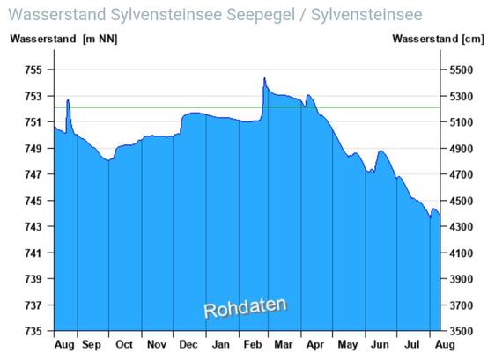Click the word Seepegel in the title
point(261,15)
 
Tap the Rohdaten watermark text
point(245,307)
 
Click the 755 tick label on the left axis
point(33,70)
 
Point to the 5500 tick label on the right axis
point(462,70)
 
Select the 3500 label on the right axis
point(462,331)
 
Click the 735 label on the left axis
point(33,331)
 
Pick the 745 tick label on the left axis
point(33,201)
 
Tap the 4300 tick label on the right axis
point(462,226)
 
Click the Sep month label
point(92,345)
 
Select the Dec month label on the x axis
point(188,344)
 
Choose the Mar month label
point(284,344)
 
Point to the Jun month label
point(380,344)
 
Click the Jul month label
point(411,344)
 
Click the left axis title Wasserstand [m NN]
point(63,39)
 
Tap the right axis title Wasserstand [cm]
point(438,39)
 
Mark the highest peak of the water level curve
point(264,78)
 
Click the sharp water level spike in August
point(68,99)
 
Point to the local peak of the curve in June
point(381,151)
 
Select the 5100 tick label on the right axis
point(462,122)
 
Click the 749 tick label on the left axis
point(33,148)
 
